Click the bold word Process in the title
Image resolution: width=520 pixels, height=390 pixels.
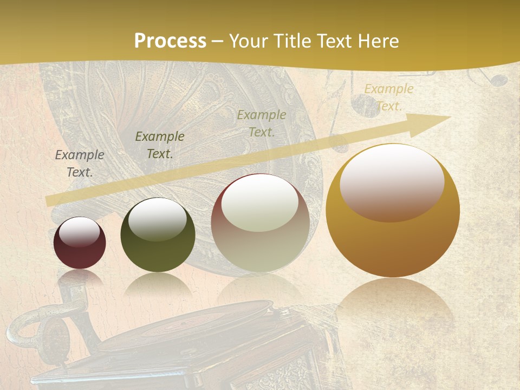(x=170, y=41)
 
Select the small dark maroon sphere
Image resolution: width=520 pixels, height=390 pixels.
(x=80, y=243)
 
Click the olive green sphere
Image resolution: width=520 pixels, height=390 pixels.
(x=158, y=235)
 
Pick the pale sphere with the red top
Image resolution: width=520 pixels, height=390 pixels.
(x=260, y=223)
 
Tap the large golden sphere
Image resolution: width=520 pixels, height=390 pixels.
(x=393, y=211)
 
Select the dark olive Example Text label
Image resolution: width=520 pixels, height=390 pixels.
(x=160, y=145)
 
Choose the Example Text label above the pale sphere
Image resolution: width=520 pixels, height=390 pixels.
(x=262, y=123)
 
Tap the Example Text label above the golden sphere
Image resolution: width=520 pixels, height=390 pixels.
(x=389, y=97)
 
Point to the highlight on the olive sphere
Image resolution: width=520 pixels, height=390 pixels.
(x=157, y=219)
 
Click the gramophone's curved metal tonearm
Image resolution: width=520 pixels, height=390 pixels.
(x=32, y=325)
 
